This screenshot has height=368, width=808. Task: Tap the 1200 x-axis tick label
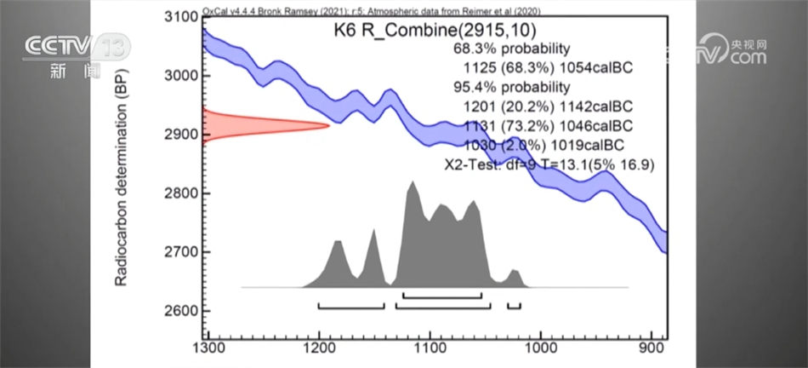pos(319,348)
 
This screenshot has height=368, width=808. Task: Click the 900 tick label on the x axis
pos(653,348)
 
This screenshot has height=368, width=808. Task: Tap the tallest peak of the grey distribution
pos(413,185)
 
